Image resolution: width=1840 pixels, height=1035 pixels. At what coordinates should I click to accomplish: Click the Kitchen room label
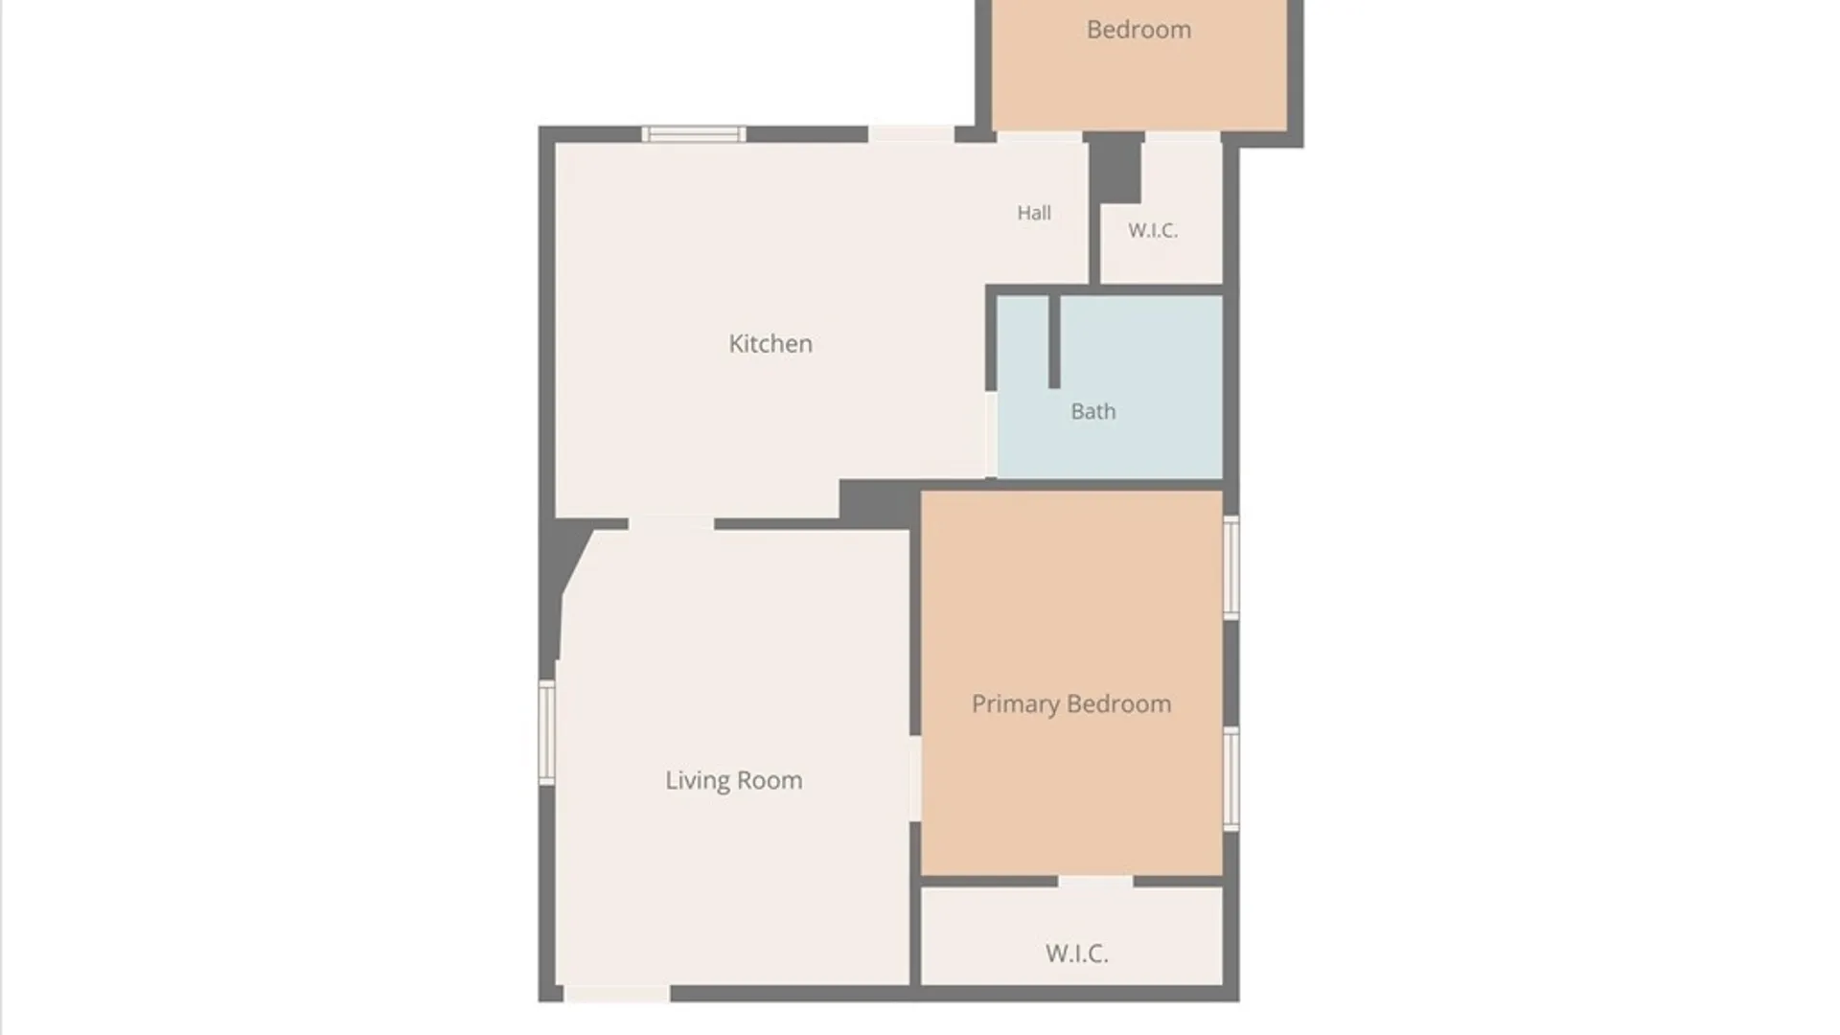click(770, 343)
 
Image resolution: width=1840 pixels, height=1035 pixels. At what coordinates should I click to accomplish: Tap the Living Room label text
click(734, 780)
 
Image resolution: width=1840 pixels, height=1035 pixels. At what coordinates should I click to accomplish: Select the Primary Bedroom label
click(1071, 704)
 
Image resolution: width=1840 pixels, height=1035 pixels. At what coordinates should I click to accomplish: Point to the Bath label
click(1093, 411)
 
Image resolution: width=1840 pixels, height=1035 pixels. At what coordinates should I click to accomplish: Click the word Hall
click(1034, 213)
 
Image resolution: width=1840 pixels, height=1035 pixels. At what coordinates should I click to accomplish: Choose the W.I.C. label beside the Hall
click(1153, 230)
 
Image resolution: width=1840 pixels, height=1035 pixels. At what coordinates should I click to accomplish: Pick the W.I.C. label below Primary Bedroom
click(1077, 954)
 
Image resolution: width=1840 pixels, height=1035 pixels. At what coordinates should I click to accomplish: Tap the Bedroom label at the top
click(1138, 30)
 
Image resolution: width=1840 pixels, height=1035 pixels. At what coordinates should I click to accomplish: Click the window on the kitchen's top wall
click(694, 134)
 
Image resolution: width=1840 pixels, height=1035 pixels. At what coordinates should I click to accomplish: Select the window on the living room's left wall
click(547, 732)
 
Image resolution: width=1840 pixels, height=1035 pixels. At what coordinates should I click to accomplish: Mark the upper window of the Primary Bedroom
click(1231, 567)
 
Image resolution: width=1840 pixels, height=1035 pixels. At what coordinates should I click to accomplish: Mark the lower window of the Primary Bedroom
click(1231, 778)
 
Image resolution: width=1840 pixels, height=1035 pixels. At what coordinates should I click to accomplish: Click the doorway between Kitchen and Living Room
click(671, 523)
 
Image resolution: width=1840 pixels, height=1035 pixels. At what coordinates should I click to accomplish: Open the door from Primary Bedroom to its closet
click(1095, 881)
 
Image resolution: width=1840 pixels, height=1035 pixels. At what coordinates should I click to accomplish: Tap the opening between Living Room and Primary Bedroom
click(915, 778)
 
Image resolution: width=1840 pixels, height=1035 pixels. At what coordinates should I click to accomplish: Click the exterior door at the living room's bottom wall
click(617, 994)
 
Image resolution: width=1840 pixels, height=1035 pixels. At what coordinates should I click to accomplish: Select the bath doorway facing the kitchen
click(992, 434)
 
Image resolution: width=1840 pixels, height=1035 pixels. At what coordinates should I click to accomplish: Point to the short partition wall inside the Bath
click(1054, 341)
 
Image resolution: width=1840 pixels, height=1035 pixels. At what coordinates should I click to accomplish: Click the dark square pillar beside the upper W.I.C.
click(1115, 168)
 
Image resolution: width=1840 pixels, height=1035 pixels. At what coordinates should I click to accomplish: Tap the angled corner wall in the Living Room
click(572, 565)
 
